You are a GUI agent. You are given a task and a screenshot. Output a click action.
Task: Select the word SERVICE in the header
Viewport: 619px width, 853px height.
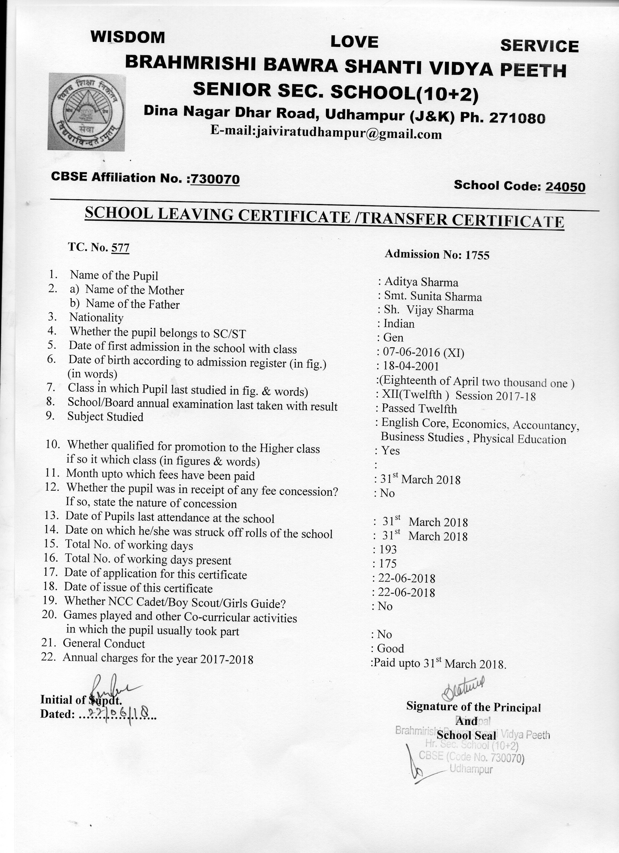point(539,46)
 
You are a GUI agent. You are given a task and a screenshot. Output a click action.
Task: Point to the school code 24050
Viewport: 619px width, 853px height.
point(565,187)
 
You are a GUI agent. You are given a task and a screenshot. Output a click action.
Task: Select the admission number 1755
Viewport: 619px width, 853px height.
point(477,255)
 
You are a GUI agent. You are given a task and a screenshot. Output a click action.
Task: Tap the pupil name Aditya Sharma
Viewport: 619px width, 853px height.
point(421,282)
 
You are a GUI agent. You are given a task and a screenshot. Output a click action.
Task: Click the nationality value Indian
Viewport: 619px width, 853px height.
point(399,324)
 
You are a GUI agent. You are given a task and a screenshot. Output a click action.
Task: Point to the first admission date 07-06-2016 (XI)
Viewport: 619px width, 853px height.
point(423,352)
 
